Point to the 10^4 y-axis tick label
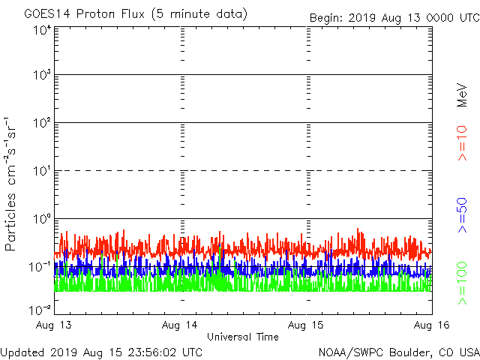pyautogui.click(x=42, y=30)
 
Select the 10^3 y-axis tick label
pyautogui.click(x=42, y=76)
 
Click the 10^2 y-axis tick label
pyautogui.click(x=42, y=123)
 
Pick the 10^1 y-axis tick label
pyautogui.click(x=42, y=171)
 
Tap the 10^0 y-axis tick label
pyautogui.click(x=42, y=219)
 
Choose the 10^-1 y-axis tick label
pyautogui.click(x=40, y=266)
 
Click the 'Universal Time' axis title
pyautogui.click(x=243, y=337)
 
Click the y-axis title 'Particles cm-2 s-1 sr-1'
pyautogui.click(x=12, y=184)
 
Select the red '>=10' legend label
pyautogui.click(x=462, y=143)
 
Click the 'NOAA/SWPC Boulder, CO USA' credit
pyautogui.click(x=398, y=352)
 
